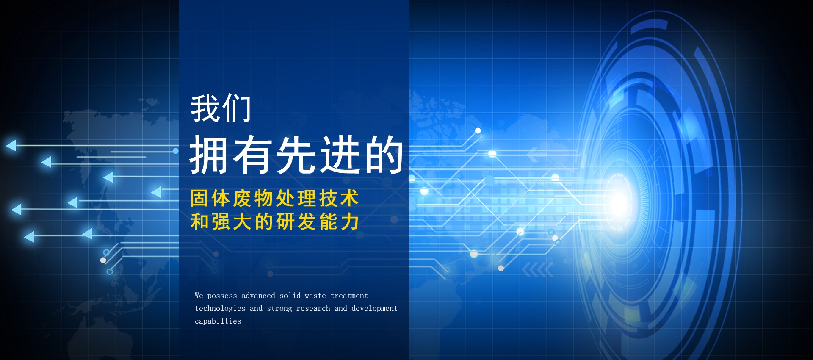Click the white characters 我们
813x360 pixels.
(221, 108)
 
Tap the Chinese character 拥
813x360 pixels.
(210, 155)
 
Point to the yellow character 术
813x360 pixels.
(350, 198)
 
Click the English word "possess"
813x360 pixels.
(222, 296)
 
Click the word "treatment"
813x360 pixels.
(349, 296)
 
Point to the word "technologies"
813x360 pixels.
(220, 309)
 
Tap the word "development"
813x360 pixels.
(374, 309)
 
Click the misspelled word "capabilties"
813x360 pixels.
(218, 321)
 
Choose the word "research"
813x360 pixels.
(313, 308)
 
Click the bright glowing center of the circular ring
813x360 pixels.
(619, 202)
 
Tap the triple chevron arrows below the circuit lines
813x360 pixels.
(538, 269)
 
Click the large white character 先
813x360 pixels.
(296, 155)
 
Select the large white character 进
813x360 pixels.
(340, 155)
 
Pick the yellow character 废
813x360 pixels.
(242, 198)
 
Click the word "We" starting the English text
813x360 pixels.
(199, 296)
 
